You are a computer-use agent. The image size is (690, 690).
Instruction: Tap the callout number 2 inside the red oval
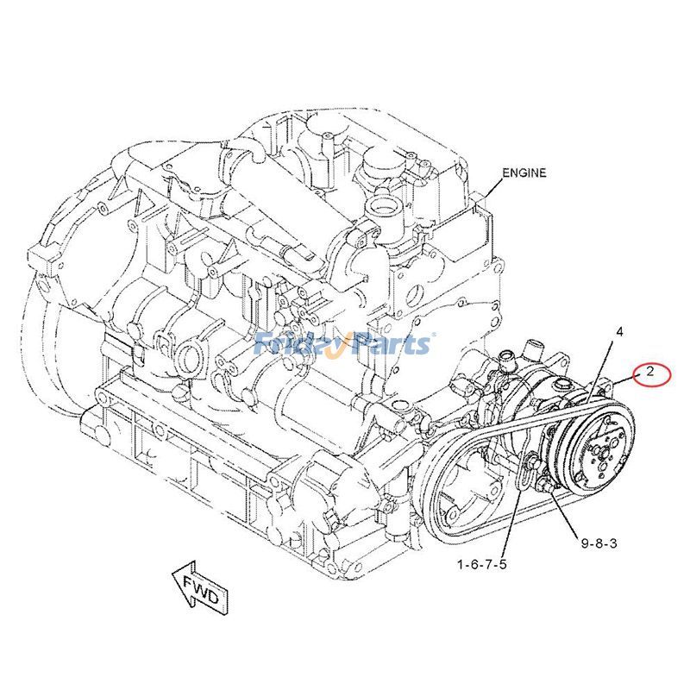650,373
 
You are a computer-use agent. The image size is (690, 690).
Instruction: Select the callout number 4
618,331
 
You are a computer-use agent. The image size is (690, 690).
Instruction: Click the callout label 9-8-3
598,543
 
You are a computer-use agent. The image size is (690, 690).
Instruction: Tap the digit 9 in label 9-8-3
585,543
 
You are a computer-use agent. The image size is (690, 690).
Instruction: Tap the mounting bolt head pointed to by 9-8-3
543,492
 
